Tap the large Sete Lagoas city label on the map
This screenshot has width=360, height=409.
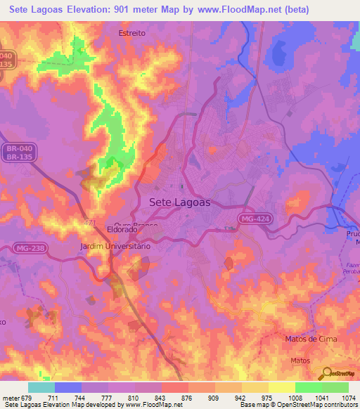[x=181, y=202]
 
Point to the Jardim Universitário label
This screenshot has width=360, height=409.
[x=115, y=247]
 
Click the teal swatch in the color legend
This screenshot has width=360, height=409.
[x=41, y=387]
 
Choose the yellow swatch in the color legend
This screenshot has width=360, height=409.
[x=282, y=387]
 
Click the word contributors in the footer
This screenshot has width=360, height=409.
[x=341, y=405]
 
